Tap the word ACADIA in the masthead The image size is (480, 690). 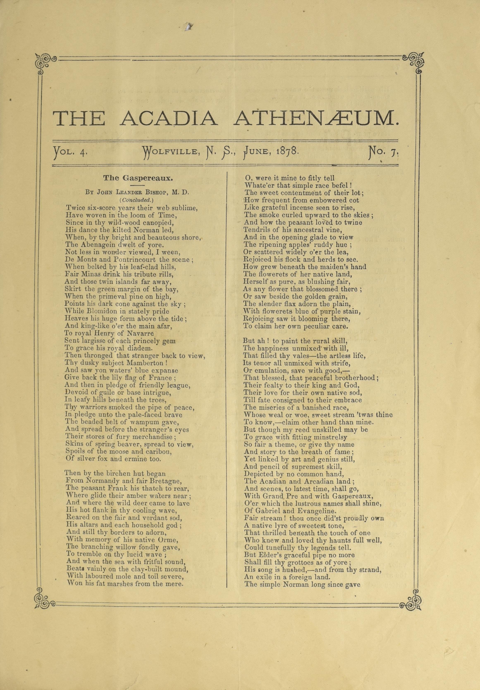click(169, 118)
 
